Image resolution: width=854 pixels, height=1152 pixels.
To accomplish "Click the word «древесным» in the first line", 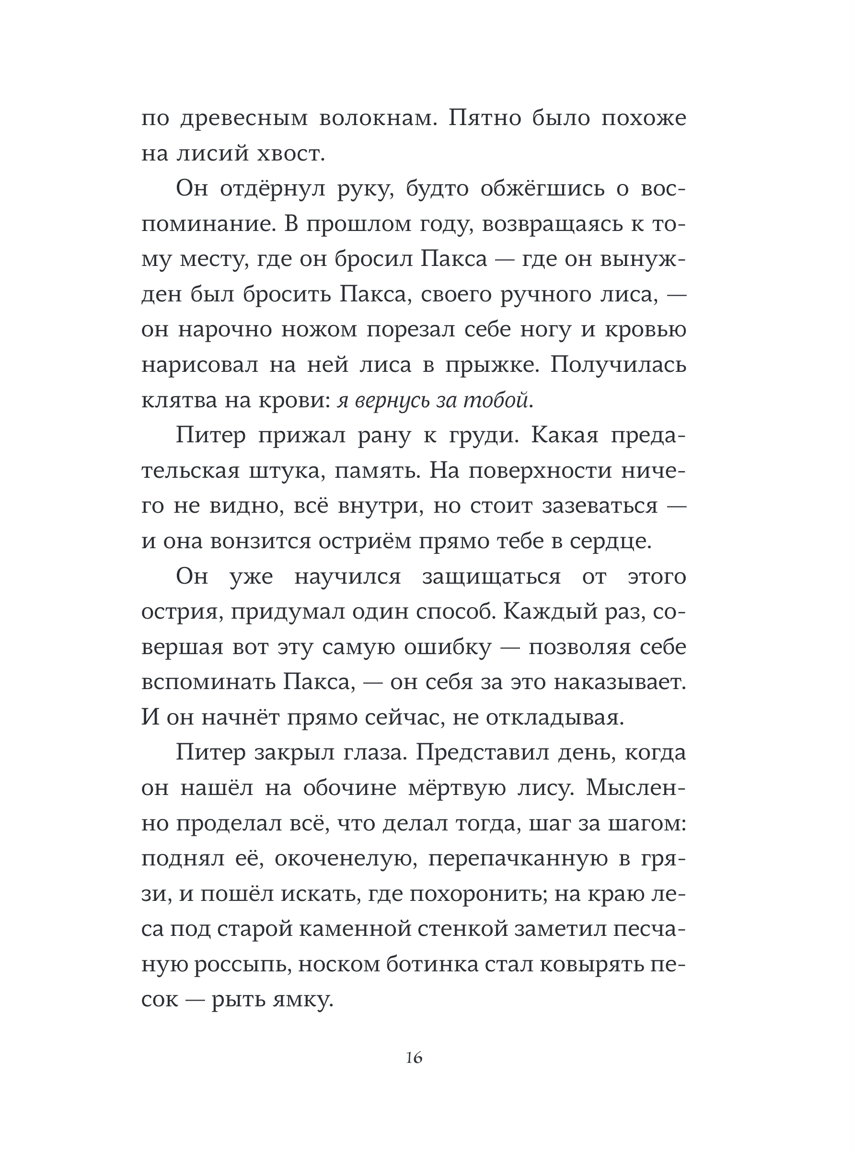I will point(244,119).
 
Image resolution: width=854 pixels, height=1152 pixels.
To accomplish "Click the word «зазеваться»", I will point(600,507).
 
